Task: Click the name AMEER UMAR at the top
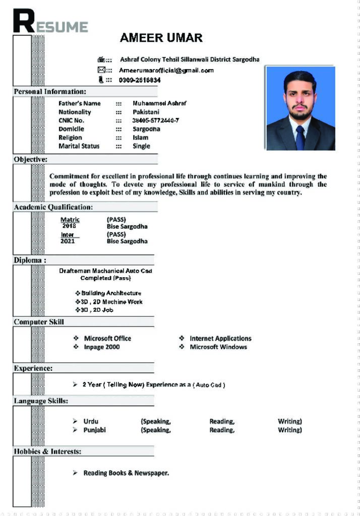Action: point(161,38)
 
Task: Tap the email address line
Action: point(166,71)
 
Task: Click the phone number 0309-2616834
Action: point(140,80)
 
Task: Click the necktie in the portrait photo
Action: point(300,137)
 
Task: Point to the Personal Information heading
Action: point(50,92)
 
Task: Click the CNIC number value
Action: point(155,120)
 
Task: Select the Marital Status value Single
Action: point(141,146)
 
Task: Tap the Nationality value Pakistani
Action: point(146,112)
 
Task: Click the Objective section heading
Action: point(31,159)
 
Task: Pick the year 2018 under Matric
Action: point(69,227)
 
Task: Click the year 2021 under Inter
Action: point(68,241)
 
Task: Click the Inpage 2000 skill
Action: point(101,347)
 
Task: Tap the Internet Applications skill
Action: point(220,339)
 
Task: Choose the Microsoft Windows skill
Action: point(218,347)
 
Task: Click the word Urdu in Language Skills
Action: point(91,421)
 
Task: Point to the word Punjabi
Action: point(94,430)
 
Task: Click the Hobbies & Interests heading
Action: point(47,451)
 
